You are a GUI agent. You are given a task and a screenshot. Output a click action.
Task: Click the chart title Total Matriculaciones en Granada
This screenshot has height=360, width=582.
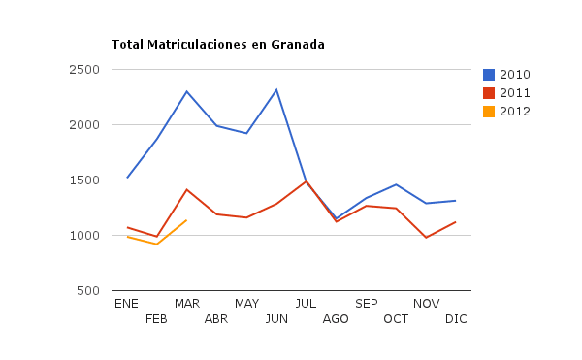[218, 45]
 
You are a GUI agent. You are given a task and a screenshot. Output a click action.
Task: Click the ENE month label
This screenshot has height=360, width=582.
[127, 304]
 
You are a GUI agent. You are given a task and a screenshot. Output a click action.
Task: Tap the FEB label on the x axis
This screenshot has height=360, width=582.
[157, 319]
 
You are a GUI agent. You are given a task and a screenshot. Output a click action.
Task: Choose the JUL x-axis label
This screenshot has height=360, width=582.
[307, 304]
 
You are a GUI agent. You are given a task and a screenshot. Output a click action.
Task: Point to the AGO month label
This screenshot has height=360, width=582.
[336, 319]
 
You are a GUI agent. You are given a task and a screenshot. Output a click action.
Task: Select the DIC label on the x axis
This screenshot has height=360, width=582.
[456, 319]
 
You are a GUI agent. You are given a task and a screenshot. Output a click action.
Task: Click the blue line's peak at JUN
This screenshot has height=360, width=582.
[276, 90]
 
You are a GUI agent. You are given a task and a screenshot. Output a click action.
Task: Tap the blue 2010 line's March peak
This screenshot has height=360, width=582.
[187, 92]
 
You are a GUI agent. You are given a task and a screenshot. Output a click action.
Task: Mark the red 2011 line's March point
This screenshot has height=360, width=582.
[187, 190]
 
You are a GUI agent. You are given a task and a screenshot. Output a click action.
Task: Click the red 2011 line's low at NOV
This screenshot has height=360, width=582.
[426, 238]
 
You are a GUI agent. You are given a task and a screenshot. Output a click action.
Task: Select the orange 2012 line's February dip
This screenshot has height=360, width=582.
[157, 245]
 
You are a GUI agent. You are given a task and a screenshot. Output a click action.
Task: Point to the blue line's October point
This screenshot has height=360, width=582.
[396, 184]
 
